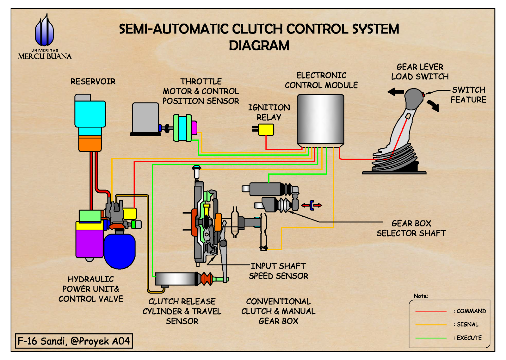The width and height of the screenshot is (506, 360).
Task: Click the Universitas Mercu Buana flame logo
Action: pos(44,31)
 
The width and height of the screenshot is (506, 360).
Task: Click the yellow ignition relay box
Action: pos(266,130)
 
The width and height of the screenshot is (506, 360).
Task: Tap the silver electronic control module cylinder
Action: pos(320,120)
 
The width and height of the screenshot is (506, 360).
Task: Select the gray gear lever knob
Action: pos(414,98)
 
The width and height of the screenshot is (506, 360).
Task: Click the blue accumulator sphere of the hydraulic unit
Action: pos(119,251)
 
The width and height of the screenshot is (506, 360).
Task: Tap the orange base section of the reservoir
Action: pos(90,143)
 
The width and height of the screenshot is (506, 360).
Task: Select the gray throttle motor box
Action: pos(145,118)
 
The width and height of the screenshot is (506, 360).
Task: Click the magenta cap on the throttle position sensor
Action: pos(194,127)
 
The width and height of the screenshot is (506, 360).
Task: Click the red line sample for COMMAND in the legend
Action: pos(431,312)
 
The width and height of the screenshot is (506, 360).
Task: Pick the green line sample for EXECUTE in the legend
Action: pos(431,338)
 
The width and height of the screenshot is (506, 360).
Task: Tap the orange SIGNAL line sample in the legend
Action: pos(431,325)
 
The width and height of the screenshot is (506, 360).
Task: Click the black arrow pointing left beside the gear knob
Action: pos(396,92)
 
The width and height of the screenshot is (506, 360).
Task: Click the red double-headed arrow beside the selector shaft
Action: pos(312,205)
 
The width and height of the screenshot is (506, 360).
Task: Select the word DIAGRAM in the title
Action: pos(259,46)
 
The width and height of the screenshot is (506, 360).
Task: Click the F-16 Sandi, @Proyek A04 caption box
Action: pos(74,341)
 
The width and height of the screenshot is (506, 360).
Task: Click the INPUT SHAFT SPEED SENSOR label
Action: pos(278,271)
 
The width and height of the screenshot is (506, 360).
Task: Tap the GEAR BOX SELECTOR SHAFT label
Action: pos(411,228)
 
